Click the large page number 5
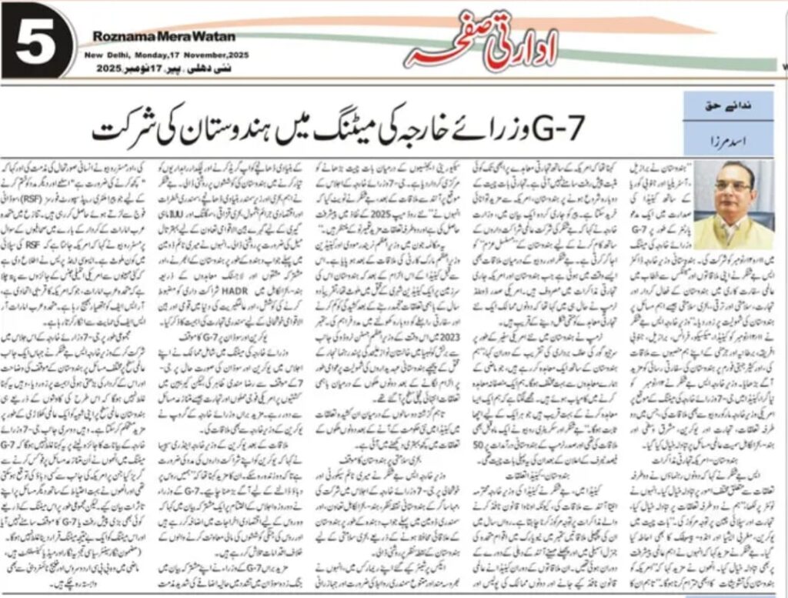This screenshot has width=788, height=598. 35,43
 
